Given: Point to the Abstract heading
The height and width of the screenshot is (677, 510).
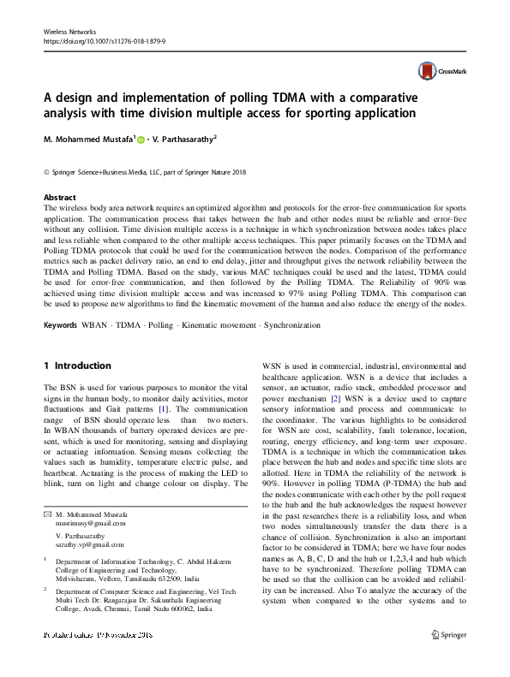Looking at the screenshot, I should pos(60,197).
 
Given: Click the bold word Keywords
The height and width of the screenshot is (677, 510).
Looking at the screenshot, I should pos(63,325).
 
